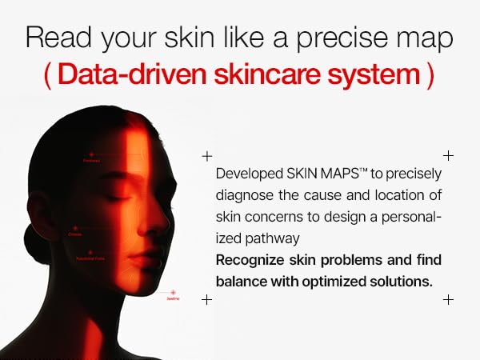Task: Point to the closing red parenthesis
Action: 430,74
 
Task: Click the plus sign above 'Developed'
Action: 207,155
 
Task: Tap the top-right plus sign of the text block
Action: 448,155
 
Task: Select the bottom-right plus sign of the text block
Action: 448,299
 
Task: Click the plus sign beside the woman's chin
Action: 207,299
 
